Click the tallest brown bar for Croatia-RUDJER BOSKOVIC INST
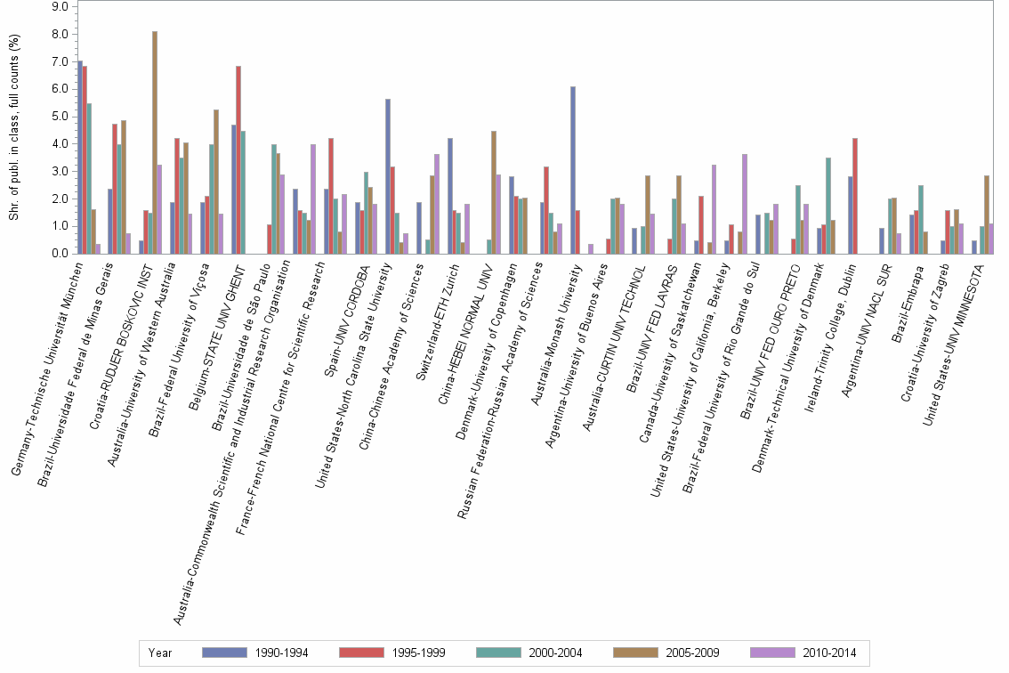click(155, 142)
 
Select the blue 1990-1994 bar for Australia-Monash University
click(573, 170)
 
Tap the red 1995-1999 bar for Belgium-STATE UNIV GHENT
click(238, 159)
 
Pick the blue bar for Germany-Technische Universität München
click(80, 158)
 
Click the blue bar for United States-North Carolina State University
click(388, 176)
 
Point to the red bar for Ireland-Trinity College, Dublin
click(855, 196)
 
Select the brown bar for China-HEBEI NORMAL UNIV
click(494, 192)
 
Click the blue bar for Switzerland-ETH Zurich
click(450, 196)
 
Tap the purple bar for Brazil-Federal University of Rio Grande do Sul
click(776, 230)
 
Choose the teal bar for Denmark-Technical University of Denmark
click(829, 206)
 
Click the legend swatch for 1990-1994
click(224, 653)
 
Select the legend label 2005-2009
click(692, 653)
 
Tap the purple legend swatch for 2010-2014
click(773, 653)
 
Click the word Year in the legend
click(159, 653)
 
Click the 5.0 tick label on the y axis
click(60, 116)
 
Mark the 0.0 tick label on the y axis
click(60, 253)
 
